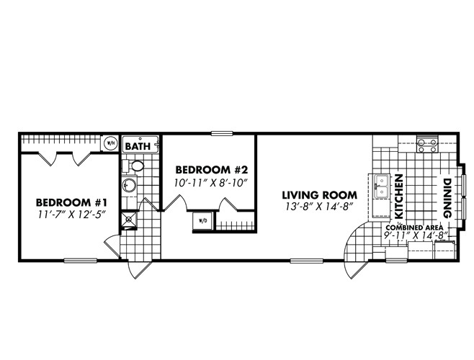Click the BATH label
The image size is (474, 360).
pyautogui.click(x=137, y=145)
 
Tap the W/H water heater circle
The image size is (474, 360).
pyautogui.click(x=110, y=143)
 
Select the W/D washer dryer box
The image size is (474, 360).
pyautogui.click(x=202, y=220)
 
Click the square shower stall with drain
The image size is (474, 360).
pyautogui.click(x=130, y=219)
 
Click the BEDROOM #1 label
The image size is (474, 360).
pyautogui.click(x=62, y=202)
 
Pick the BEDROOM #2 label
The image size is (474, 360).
pyautogui.click(x=212, y=169)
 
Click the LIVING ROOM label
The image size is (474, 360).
pyautogui.click(x=319, y=195)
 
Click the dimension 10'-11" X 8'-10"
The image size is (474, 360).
pyautogui.click(x=212, y=182)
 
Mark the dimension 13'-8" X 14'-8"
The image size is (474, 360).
pyautogui.click(x=319, y=208)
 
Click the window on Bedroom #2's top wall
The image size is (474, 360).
pyautogui.click(x=222, y=133)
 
